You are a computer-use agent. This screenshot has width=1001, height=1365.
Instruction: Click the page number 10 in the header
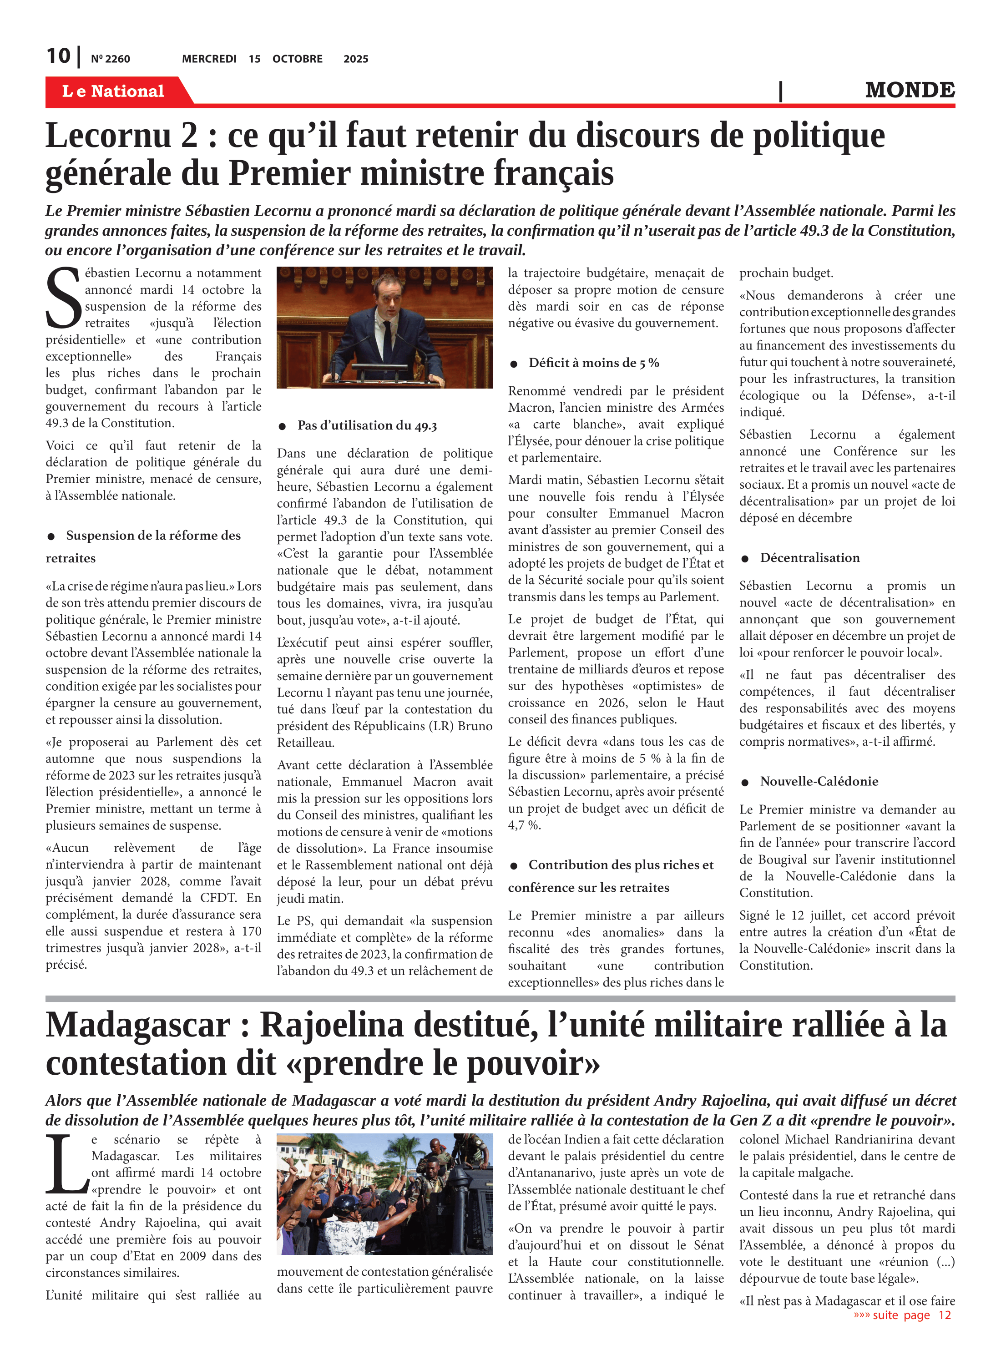click(x=58, y=56)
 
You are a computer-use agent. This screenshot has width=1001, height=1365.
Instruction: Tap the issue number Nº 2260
click(x=110, y=59)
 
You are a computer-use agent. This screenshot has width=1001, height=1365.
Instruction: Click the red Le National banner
click(x=114, y=91)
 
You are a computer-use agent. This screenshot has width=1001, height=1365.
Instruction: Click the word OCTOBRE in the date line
click(x=297, y=59)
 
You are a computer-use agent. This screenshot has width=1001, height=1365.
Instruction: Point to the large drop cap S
click(x=63, y=298)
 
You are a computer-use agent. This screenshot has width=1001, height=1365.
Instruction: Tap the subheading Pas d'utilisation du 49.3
click(x=367, y=425)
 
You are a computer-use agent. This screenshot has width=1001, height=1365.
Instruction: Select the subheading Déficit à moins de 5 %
click(x=593, y=363)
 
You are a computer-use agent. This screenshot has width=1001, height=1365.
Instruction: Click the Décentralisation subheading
click(x=809, y=557)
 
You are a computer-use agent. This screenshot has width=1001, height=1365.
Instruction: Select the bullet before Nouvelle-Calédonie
click(x=745, y=782)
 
